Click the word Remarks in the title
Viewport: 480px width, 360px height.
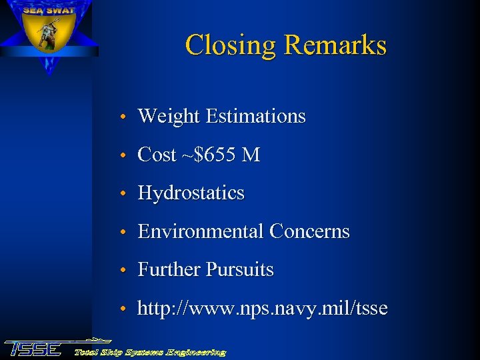tap(335, 45)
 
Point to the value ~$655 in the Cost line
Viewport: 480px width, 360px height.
tap(209, 155)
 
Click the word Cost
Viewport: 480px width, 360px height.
tap(157, 155)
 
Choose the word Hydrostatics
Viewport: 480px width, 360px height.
tap(191, 193)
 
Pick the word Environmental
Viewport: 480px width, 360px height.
tap(201, 231)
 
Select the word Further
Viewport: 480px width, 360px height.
tap(169, 269)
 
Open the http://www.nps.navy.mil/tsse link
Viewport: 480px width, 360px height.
tap(262, 309)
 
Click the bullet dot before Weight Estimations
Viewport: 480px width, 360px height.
tap(125, 118)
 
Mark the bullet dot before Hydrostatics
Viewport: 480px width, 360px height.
tap(125, 195)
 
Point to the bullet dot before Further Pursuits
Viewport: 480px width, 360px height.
tap(125, 271)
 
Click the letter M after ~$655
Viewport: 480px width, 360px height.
tap(251, 155)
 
